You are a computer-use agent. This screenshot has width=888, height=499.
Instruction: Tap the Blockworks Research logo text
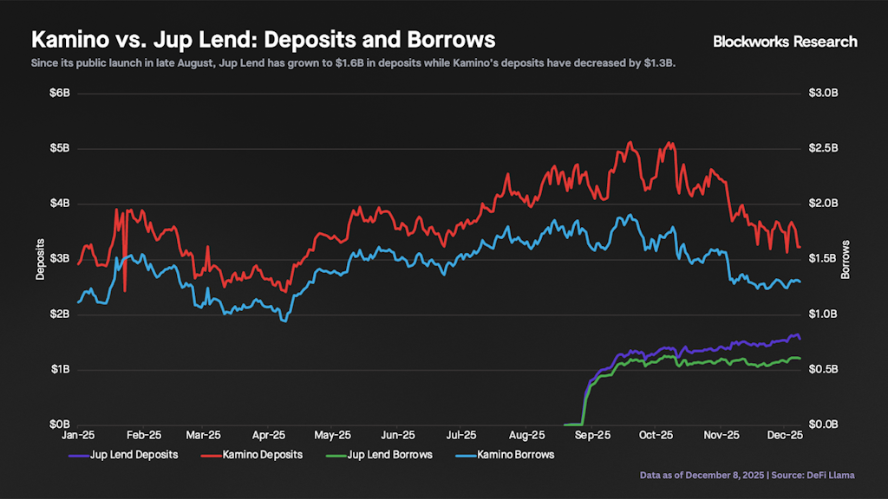784,41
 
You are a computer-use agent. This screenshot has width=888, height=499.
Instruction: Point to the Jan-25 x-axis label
79,436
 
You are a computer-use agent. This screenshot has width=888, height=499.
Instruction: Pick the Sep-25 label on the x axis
591,436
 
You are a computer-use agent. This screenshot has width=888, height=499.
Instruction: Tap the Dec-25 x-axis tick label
784,436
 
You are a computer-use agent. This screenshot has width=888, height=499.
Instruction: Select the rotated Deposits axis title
40,258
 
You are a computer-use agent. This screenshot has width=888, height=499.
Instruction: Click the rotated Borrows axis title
846,258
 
